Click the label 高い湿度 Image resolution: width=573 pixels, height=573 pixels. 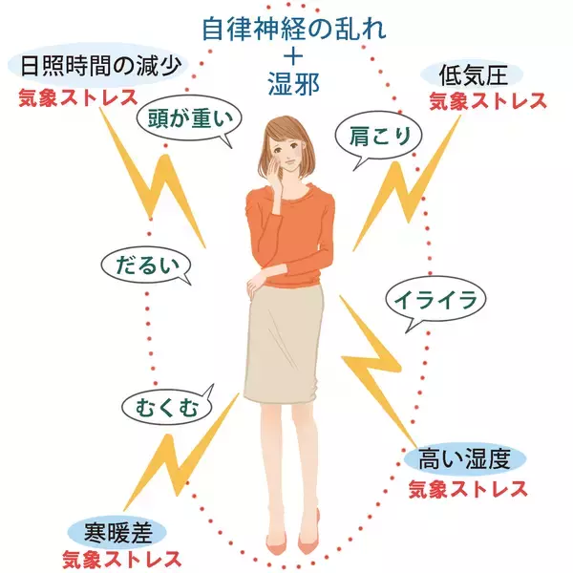click(x=468, y=460)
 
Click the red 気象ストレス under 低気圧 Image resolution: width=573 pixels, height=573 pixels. click(x=486, y=99)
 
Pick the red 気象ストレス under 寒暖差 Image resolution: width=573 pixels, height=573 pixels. click(x=121, y=557)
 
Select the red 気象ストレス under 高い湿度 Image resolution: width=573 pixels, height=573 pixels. click(x=468, y=489)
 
